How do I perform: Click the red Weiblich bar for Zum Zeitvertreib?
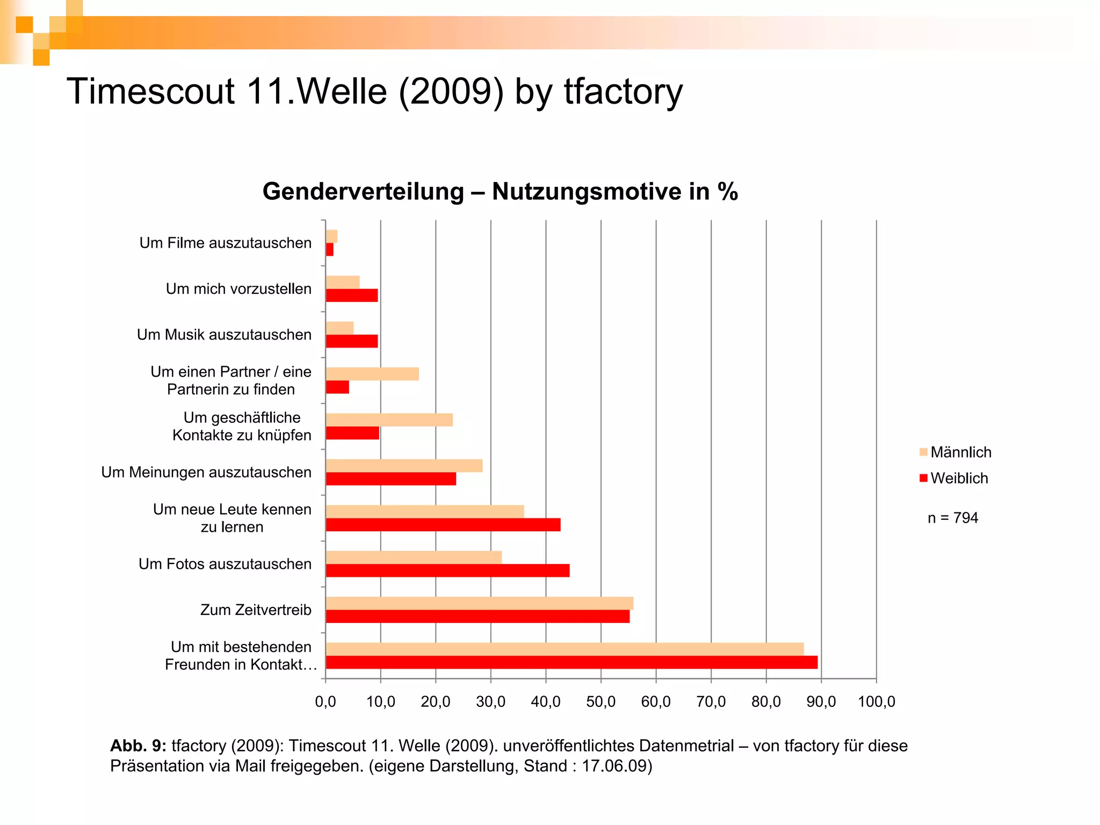477,617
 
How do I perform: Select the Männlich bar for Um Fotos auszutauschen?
414,558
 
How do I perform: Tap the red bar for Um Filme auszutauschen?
330,250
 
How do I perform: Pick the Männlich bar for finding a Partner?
372,374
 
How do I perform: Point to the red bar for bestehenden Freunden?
571,662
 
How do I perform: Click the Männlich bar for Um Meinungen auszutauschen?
404,466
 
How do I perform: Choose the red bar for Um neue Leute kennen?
443,525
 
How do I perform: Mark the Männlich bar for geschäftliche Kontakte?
389,420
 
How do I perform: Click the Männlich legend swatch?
923,452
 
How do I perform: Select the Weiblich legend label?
959,479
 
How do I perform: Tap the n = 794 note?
953,518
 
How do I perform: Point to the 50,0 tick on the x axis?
601,701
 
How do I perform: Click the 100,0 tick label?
877,701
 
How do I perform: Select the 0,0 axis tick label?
325,701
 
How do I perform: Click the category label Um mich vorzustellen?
238,289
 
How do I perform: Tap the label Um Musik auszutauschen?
224,335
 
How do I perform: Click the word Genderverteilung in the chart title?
363,192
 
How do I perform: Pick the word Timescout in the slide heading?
150,91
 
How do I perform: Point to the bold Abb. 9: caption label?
138,746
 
